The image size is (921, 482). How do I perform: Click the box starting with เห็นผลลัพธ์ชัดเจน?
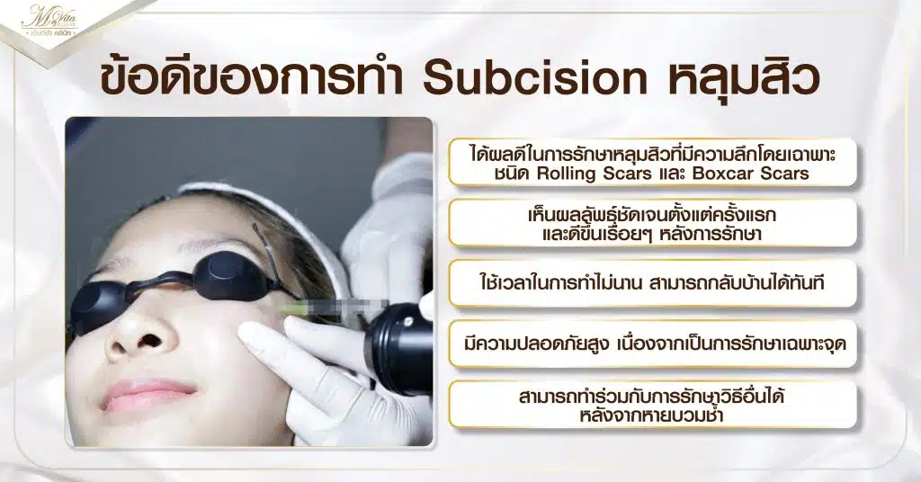652,222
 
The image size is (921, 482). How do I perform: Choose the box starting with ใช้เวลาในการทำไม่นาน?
652,283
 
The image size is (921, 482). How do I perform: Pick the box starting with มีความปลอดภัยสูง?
652,344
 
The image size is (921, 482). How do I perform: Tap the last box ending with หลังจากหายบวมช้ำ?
652,405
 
